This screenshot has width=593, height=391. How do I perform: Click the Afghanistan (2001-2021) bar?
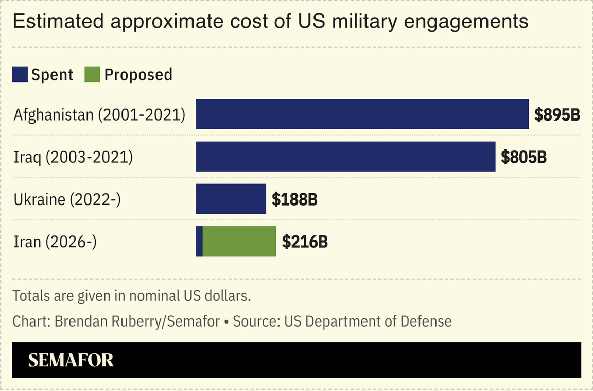point(362,114)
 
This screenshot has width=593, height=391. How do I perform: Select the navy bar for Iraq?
point(345,157)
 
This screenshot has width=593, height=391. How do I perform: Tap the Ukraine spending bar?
point(231,199)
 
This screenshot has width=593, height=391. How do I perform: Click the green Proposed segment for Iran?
point(239,241)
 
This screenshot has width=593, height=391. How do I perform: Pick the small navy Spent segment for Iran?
point(199,241)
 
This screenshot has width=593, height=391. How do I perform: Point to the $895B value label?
point(557,115)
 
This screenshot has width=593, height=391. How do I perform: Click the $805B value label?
point(524,157)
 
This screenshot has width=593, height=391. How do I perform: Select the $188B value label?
point(294,199)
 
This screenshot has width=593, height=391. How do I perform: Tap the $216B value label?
point(305,242)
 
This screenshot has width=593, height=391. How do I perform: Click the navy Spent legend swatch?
point(20,75)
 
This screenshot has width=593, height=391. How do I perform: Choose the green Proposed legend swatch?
point(93,75)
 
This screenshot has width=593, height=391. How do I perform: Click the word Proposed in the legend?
point(138,75)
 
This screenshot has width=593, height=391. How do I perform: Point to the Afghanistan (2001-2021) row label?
point(99,114)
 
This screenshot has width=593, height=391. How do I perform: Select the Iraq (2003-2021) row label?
point(73,157)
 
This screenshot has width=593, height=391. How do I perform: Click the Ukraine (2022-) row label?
point(67,199)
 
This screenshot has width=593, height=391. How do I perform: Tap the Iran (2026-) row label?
point(55,241)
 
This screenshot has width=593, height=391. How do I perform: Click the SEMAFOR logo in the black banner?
point(71,360)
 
